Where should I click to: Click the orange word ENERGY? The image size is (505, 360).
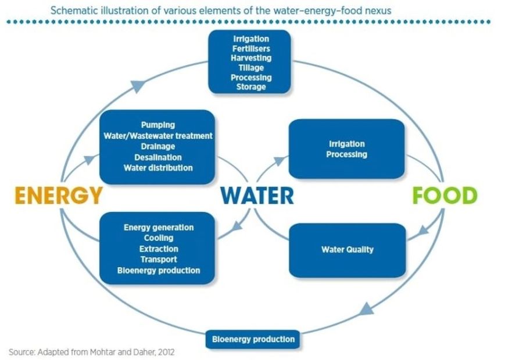[58, 196]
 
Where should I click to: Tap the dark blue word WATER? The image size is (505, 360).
[257, 196]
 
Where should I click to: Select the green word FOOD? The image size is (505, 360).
[445, 196]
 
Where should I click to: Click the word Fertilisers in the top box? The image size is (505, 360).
[251, 49]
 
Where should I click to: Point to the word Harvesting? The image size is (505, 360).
[251, 58]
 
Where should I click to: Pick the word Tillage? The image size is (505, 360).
[251, 68]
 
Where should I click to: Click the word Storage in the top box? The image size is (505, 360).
[251, 87]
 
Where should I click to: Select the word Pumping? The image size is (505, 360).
[158, 125]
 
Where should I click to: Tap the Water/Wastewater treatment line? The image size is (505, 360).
[158, 136]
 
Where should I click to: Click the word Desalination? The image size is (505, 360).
[158, 157]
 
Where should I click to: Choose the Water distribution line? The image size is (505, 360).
[158, 168]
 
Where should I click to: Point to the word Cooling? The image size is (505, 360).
[159, 238]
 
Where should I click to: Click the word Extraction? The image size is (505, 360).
[159, 249]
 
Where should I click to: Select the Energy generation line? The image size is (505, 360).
[159, 228]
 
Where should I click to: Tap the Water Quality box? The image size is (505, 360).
[347, 250]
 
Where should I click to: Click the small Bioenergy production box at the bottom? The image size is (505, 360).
[253, 339]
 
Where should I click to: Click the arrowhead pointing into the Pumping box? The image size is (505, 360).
[88, 158]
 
